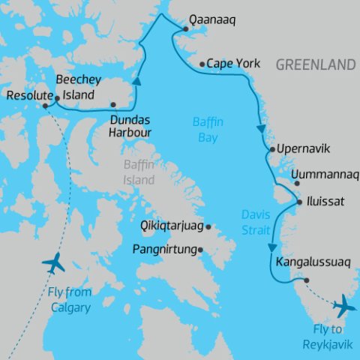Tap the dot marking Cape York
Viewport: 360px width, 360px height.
pyautogui.click(x=202, y=64)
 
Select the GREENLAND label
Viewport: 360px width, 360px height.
pyautogui.click(x=315, y=65)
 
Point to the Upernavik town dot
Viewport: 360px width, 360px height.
pyautogui.click(x=271, y=148)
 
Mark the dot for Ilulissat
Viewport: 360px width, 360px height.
pyautogui.click(x=300, y=202)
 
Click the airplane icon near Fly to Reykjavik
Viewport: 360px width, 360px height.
pyautogui.click(x=345, y=305)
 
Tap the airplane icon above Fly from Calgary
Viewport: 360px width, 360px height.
pyautogui.click(x=54, y=262)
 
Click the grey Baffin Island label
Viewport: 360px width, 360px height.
pyautogui.click(x=139, y=173)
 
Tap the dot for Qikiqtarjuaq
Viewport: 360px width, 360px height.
pyautogui.click(x=208, y=226)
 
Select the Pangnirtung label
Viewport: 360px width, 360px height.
pyautogui.click(x=164, y=249)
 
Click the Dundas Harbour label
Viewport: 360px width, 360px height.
pyautogui.click(x=130, y=126)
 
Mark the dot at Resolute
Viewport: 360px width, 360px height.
pyautogui.click(x=46, y=106)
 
